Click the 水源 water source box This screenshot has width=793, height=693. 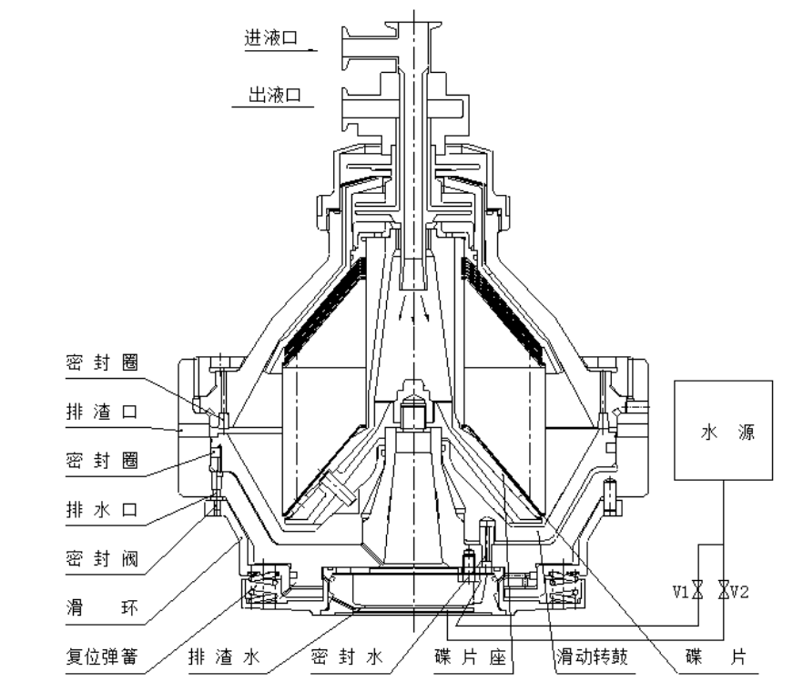(723, 430)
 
